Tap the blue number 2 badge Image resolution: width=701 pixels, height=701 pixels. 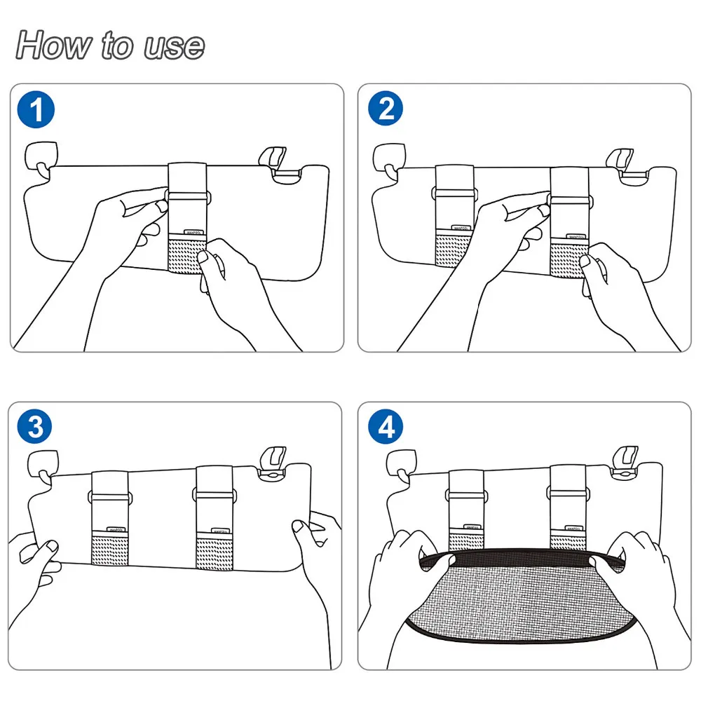pyautogui.click(x=386, y=110)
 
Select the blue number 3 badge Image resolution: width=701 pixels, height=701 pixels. pyautogui.click(x=35, y=427)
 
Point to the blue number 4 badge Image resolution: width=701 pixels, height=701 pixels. pyautogui.click(x=386, y=427)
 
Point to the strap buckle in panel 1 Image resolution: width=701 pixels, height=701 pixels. pyautogui.click(x=186, y=194)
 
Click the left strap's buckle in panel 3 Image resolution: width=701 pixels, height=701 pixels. pyautogui.click(x=109, y=497)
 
